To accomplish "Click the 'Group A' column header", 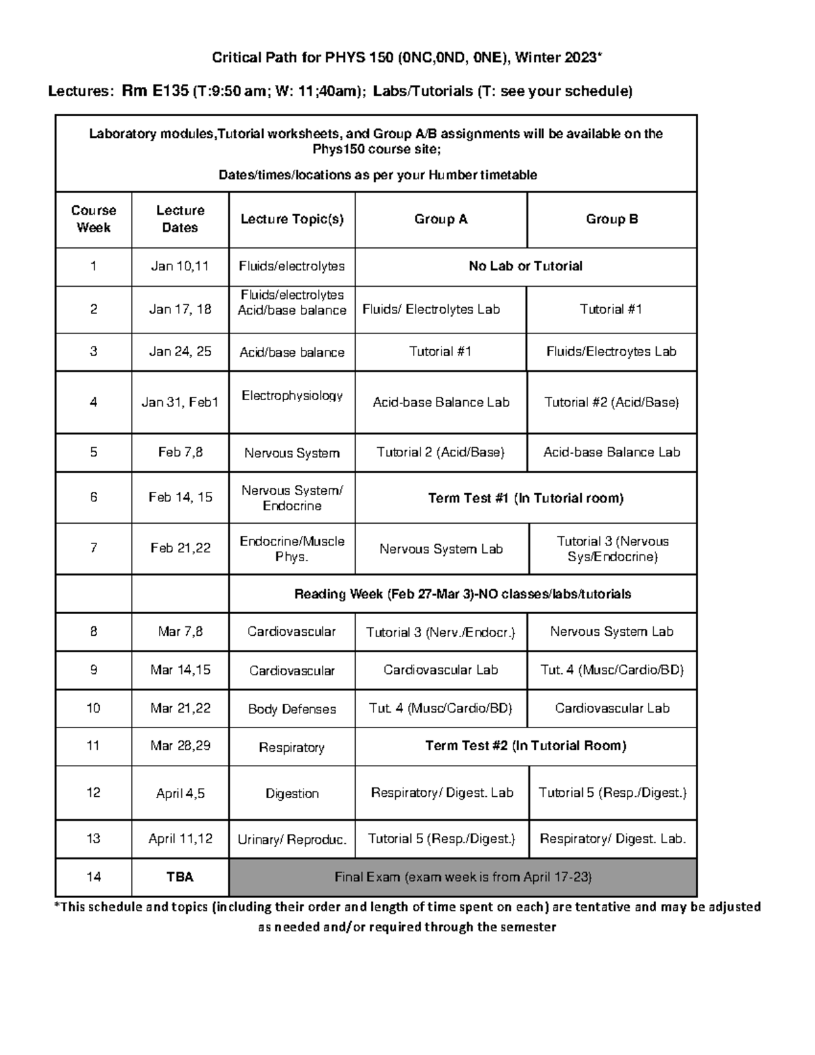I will tap(441, 219).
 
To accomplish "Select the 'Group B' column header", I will tap(612, 219).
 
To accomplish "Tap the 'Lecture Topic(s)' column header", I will tap(292, 219).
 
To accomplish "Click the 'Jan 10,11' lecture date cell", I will tap(180, 266).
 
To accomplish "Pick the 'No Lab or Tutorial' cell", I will tap(526, 266).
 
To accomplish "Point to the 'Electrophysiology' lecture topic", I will tap(292, 395).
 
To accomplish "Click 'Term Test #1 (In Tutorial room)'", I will tap(526, 498).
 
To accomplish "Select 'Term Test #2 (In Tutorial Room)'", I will tap(526, 746).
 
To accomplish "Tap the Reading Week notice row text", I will tap(463, 594).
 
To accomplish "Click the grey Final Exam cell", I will tap(463, 877).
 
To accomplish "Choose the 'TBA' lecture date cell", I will tap(180, 877).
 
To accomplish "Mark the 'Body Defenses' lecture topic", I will tap(292, 709).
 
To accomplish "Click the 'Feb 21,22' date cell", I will tap(180, 548).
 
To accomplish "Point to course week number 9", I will tap(94, 670).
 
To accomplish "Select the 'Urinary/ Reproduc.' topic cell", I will tap(292, 840).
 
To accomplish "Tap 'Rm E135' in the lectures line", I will tap(155, 91).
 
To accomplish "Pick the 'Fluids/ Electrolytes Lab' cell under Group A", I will tap(431, 310).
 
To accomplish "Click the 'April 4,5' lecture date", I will tap(180, 793).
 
